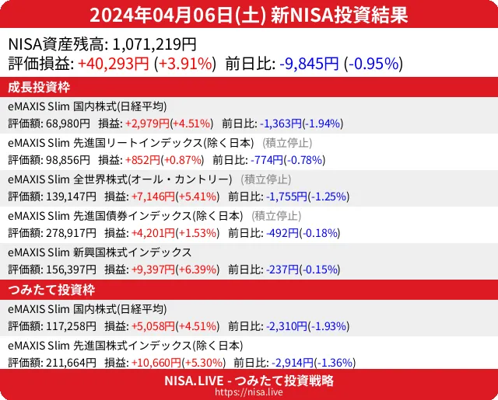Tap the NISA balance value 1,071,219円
149,44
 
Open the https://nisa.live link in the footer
249,393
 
